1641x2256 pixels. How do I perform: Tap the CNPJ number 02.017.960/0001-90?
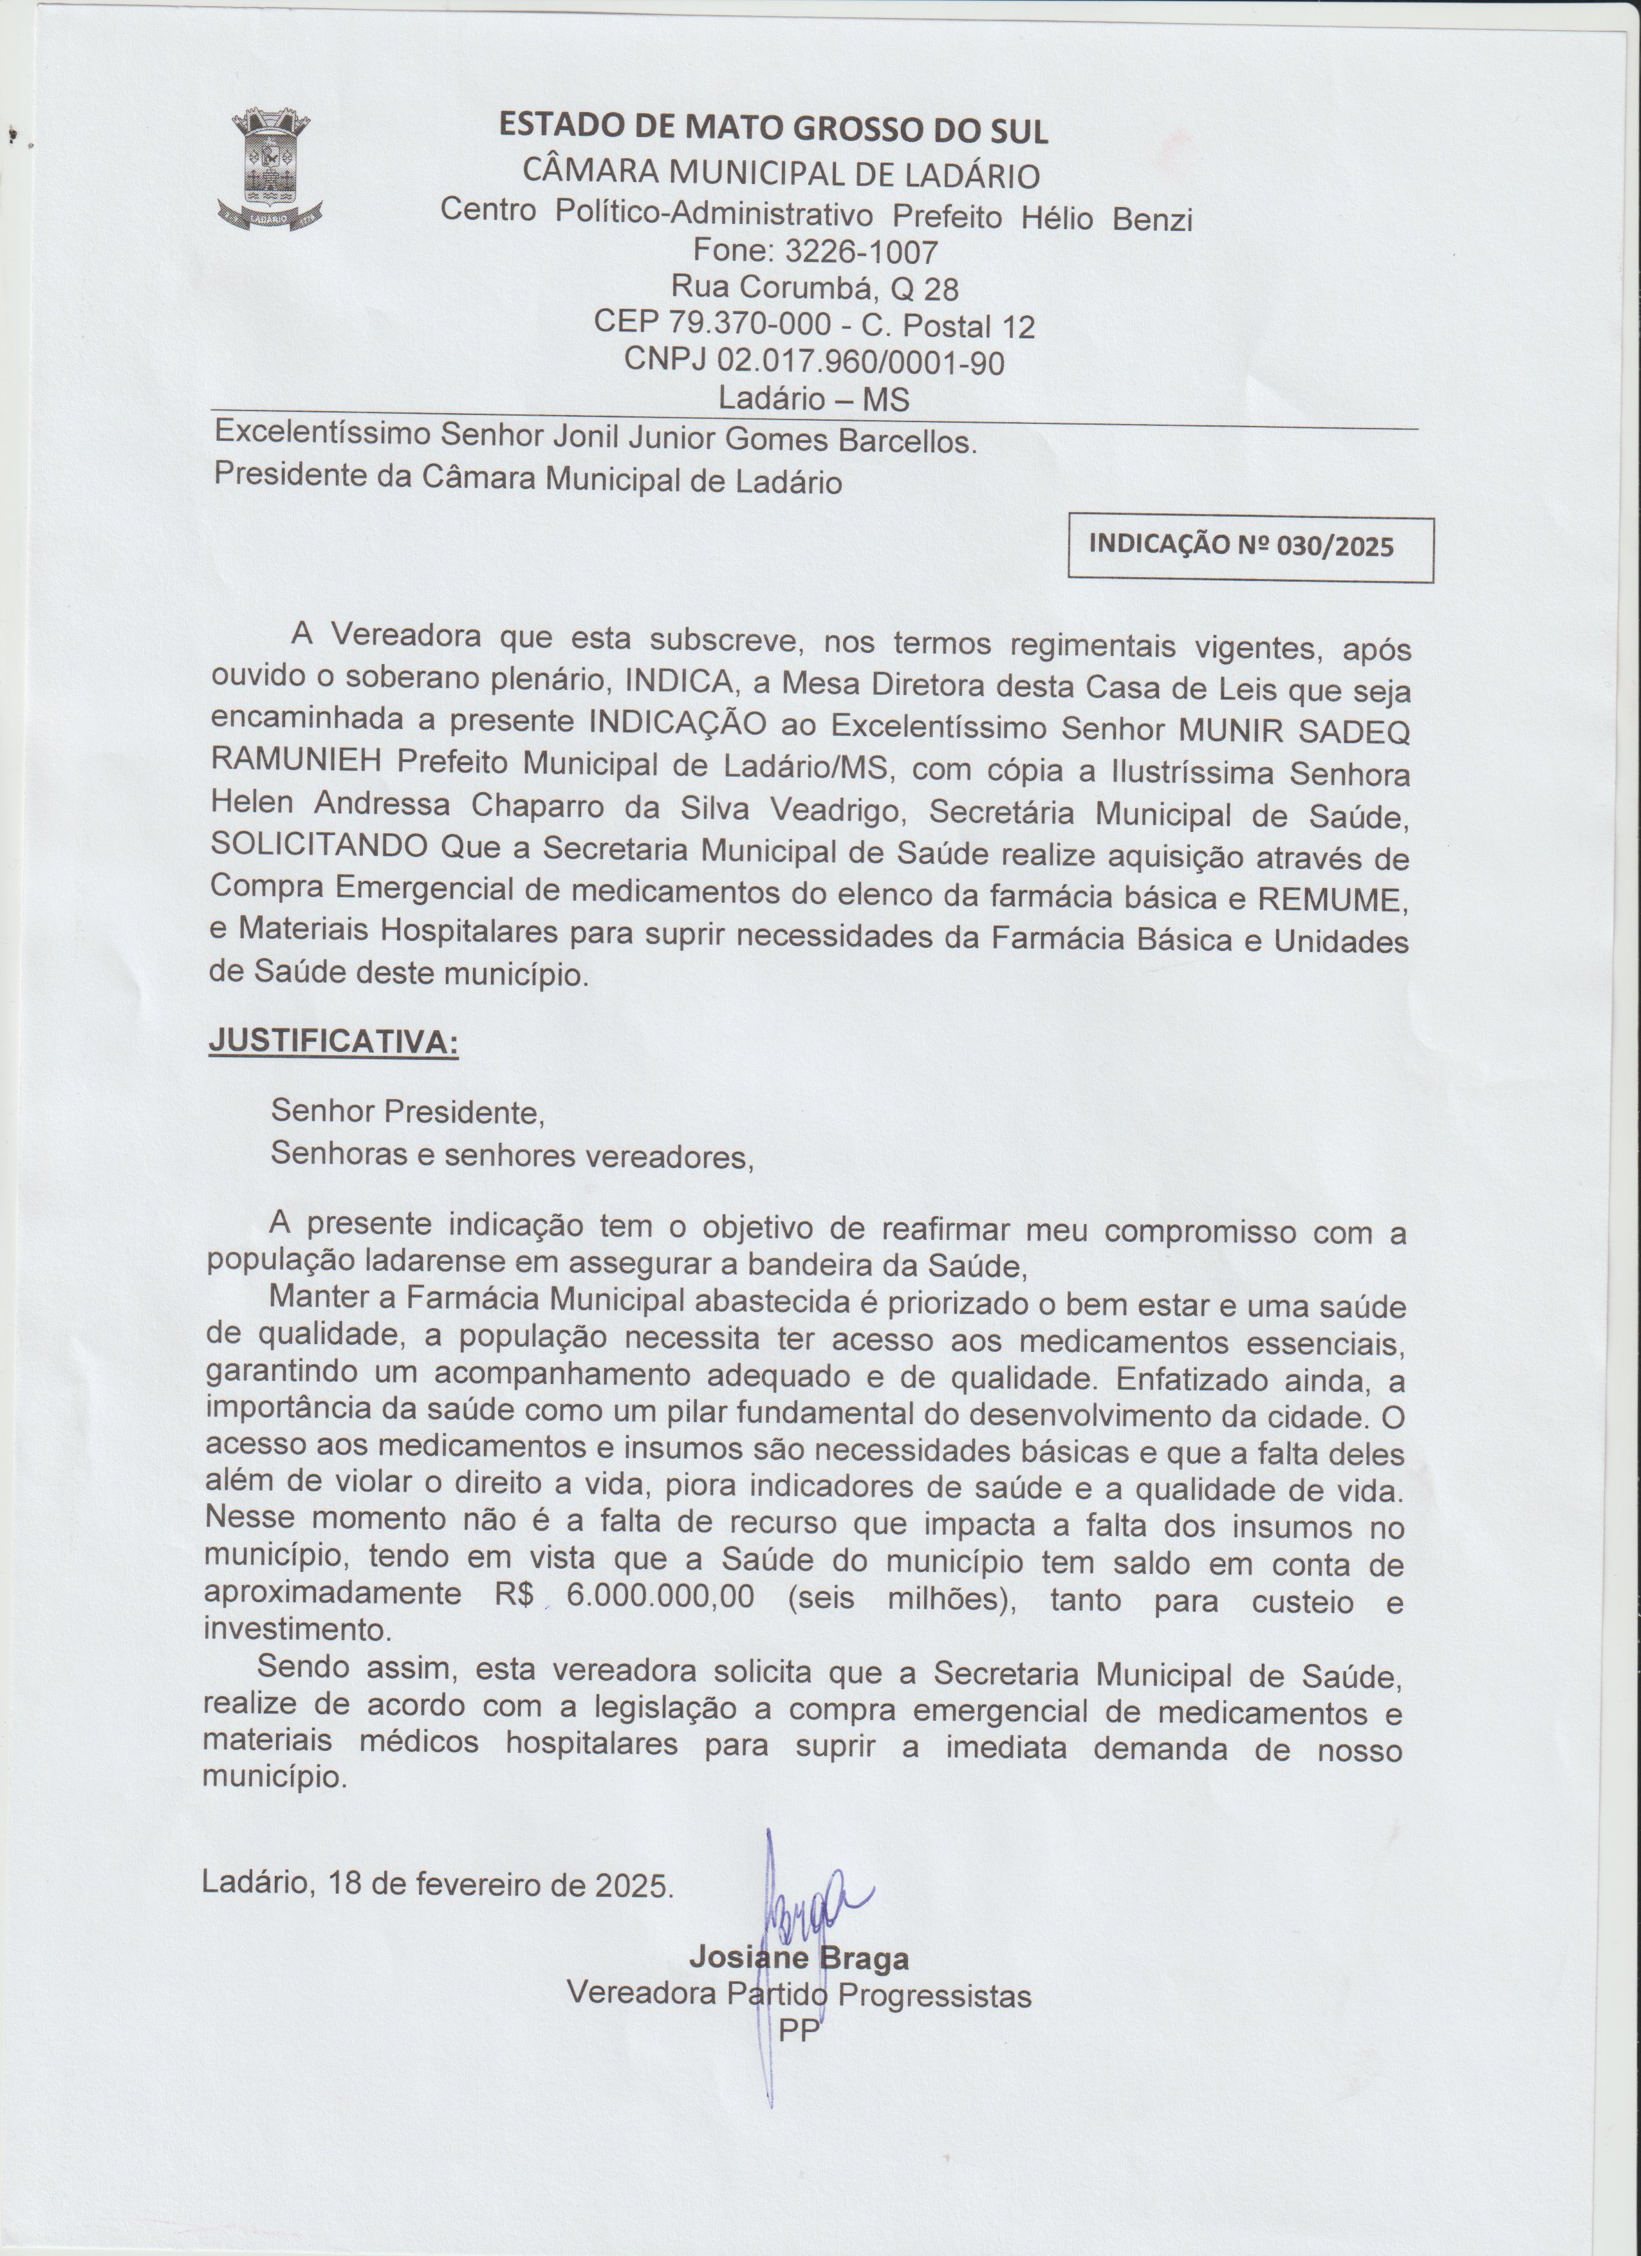click(860, 362)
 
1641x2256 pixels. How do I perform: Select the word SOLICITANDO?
click(319, 847)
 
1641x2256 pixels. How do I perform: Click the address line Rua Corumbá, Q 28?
click(815, 288)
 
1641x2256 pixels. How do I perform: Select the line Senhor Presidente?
click(408, 1111)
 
